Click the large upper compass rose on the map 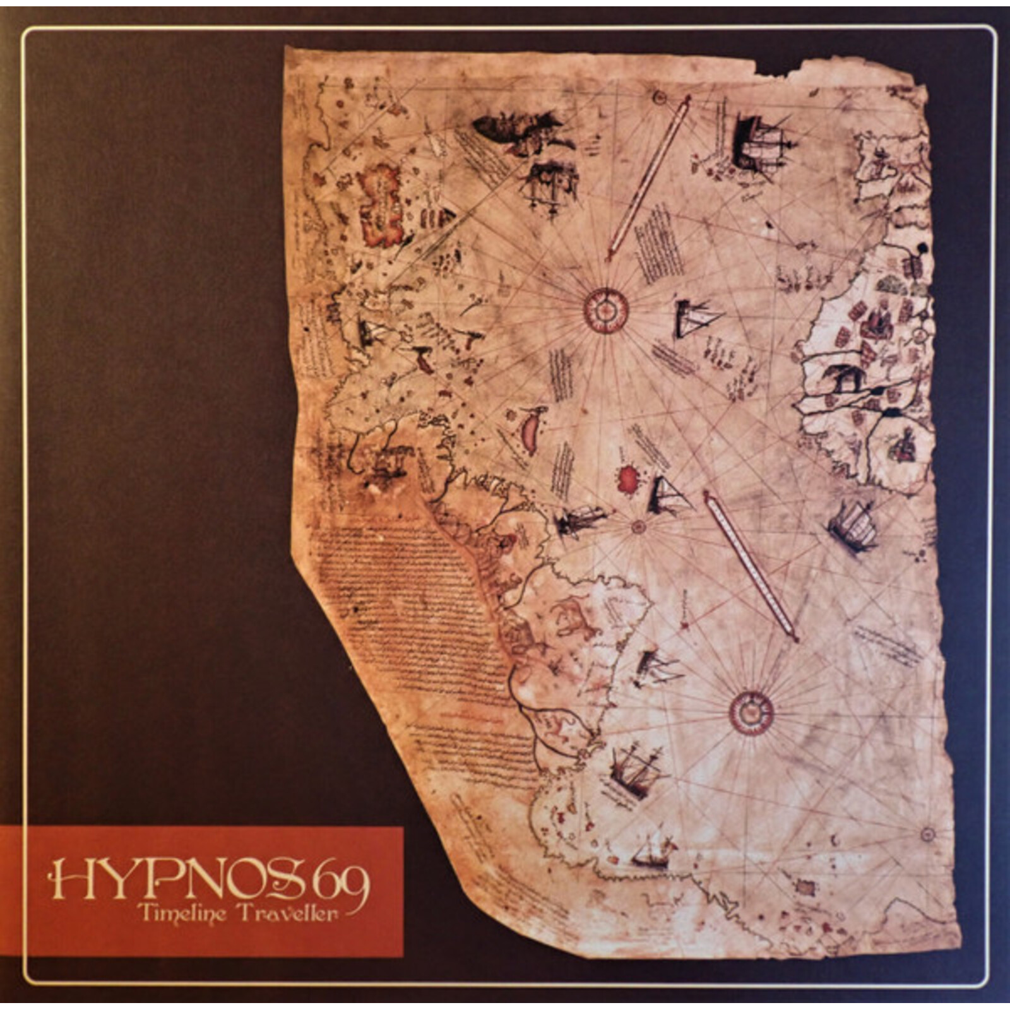click(606, 310)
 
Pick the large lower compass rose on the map click(751, 713)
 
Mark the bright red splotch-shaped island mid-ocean click(627, 481)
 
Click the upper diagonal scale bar click(649, 177)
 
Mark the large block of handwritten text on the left click(404, 606)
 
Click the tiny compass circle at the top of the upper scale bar click(660, 97)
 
